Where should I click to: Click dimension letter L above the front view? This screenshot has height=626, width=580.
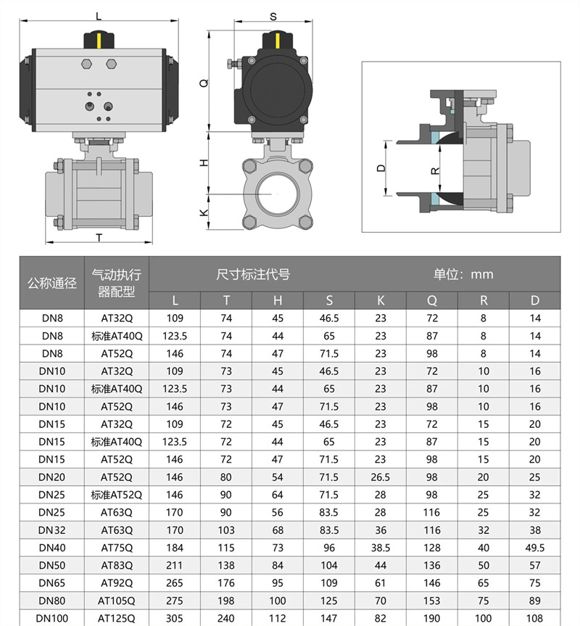99,15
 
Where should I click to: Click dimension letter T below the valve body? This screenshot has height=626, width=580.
98,236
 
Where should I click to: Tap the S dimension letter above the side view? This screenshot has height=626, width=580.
273,15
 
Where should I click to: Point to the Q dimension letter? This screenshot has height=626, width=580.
204,83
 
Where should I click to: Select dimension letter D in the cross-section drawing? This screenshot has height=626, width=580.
381,168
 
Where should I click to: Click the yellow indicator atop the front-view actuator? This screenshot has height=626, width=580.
99,37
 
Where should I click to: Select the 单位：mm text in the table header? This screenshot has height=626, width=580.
463,274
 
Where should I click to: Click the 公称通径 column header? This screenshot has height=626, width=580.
51,284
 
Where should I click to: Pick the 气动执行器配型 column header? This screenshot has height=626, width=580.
117,284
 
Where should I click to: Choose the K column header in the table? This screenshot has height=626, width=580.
381,301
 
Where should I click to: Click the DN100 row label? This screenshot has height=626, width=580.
51,619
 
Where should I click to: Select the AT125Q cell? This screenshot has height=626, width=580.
117,619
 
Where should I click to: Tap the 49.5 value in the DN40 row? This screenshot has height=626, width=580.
535,548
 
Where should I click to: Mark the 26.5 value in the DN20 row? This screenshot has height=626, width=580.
381,477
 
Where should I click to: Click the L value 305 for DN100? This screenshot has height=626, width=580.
175,619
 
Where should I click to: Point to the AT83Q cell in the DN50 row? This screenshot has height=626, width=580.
117,565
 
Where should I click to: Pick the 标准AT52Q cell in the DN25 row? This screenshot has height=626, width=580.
117,495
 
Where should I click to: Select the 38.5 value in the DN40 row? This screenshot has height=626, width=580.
381,548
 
